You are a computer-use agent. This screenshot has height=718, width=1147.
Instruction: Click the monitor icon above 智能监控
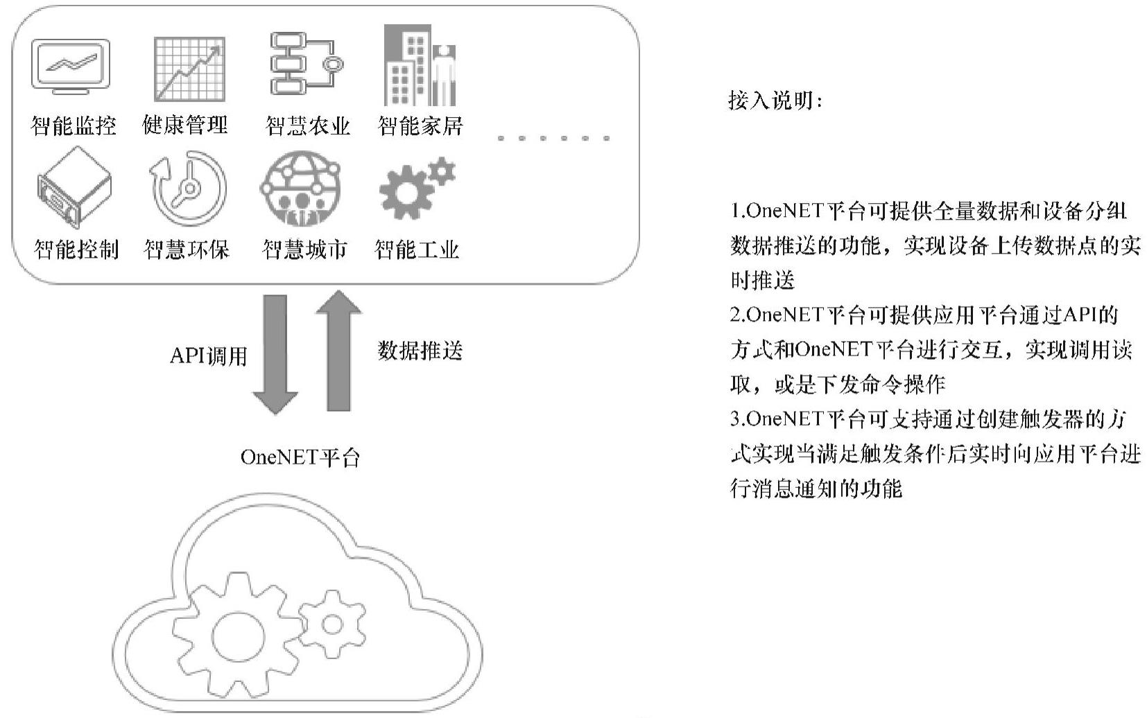click(71, 67)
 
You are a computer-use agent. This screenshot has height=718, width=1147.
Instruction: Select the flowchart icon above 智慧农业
click(305, 64)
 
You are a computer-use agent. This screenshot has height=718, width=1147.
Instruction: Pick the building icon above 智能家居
click(420, 67)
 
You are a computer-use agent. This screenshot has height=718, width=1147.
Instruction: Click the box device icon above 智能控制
click(74, 189)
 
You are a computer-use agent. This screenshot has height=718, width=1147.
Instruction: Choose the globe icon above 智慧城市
click(300, 188)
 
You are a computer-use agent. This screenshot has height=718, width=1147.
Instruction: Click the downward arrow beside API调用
click(275, 353)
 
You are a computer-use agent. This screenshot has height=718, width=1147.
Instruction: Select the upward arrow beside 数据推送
click(338, 350)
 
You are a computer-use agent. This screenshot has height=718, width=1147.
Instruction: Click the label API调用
click(209, 356)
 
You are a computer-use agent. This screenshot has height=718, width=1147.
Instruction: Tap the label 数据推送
click(420, 351)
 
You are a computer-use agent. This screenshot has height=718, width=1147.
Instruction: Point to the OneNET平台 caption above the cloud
click(300, 457)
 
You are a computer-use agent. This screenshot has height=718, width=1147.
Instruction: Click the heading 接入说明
click(775, 101)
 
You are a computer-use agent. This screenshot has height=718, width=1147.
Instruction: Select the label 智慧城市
click(304, 249)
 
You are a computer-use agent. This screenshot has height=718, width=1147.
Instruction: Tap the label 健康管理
click(185, 125)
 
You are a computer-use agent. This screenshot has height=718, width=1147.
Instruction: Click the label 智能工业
click(417, 249)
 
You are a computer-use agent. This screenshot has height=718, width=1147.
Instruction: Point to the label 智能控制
click(76, 249)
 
